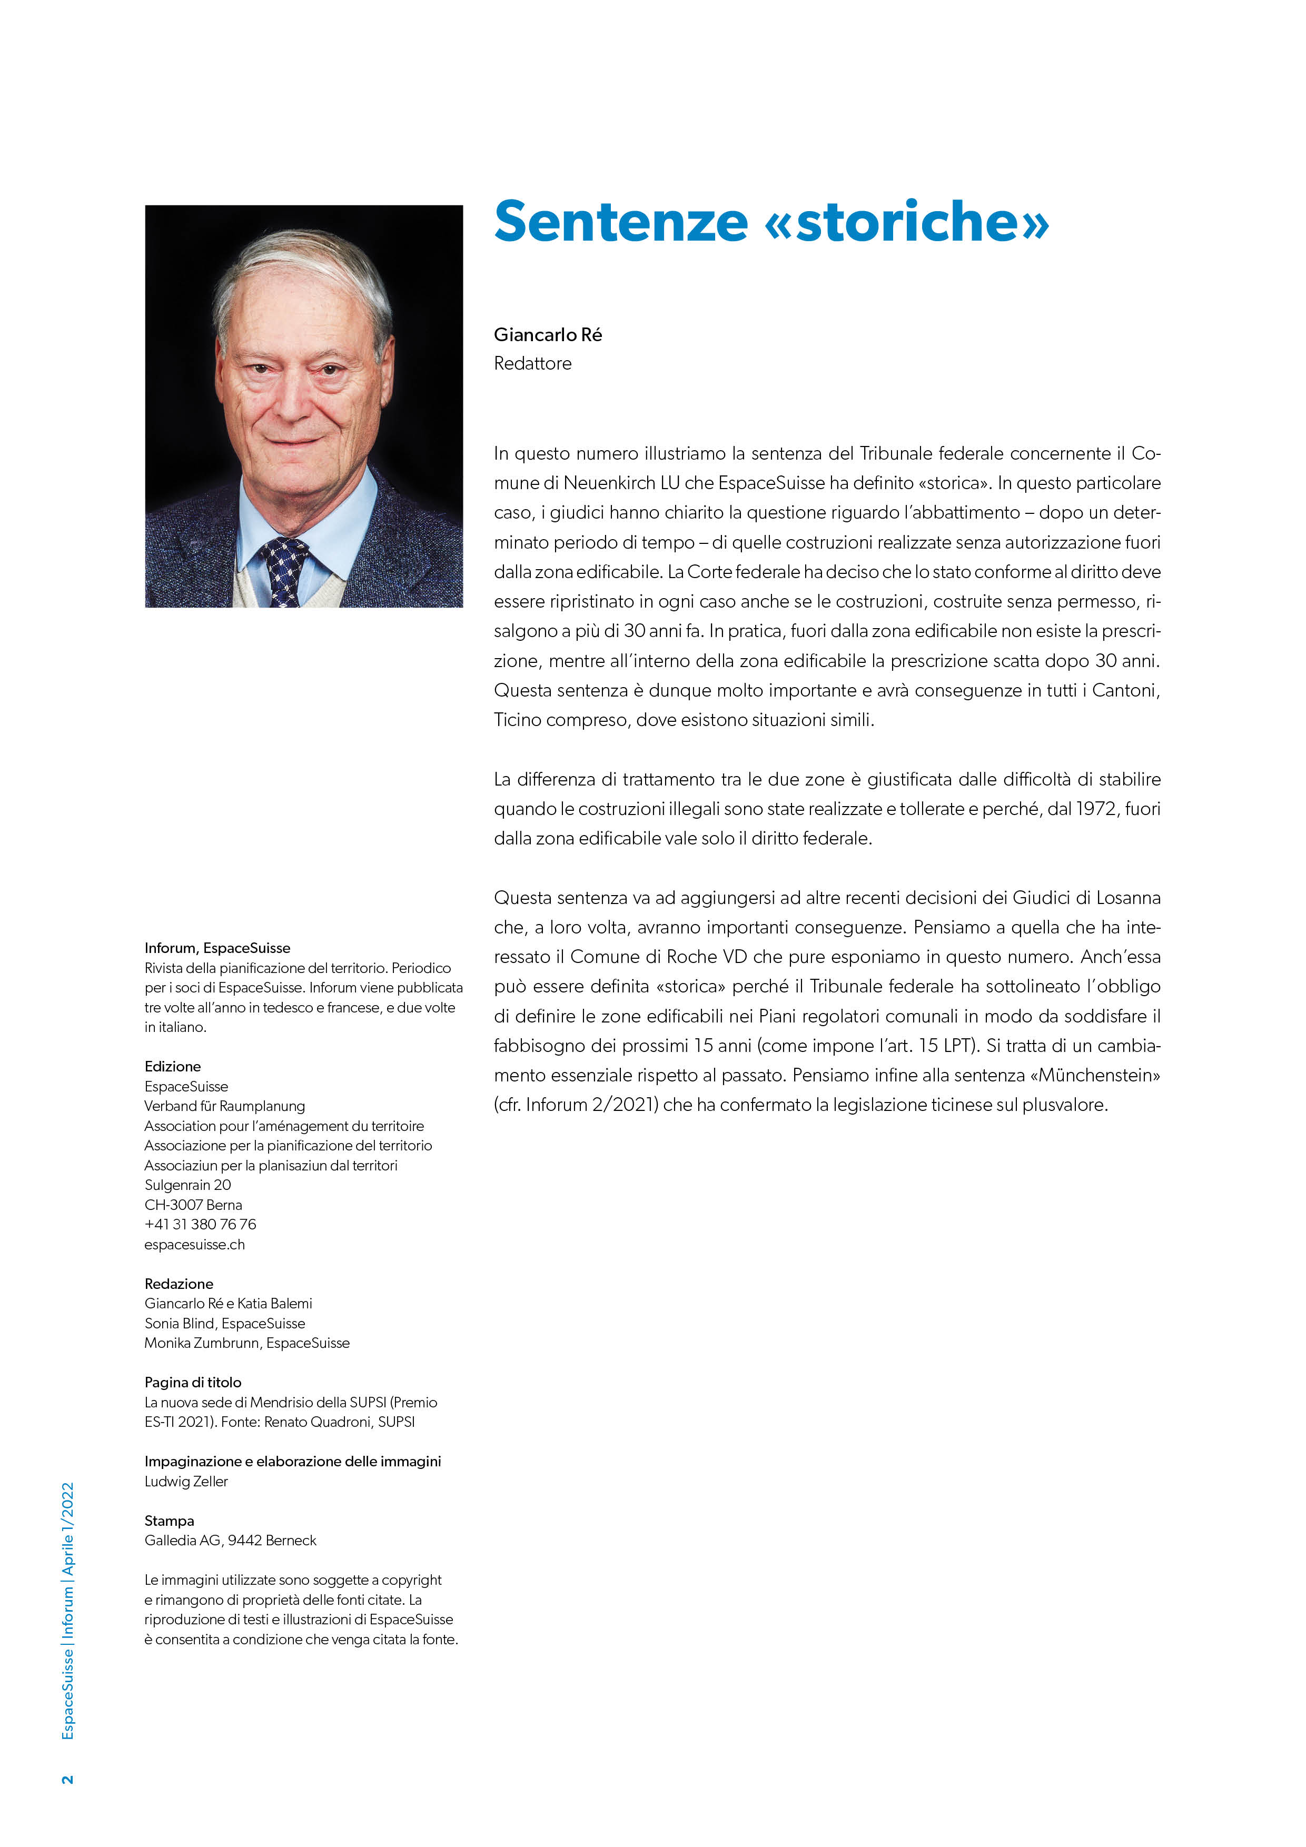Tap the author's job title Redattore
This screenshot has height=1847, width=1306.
pyautogui.click(x=533, y=364)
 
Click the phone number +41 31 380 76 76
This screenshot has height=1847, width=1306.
pyautogui.click(x=200, y=1224)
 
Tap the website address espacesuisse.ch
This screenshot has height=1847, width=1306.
pyautogui.click(x=195, y=1245)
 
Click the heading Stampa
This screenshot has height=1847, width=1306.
pyautogui.click(x=170, y=1521)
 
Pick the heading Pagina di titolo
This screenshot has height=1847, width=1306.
pyautogui.click(x=193, y=1382)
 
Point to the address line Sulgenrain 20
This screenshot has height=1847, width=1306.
pyautogui.click(x=187, y=1185)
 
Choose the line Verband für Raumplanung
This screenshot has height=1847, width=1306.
pyautogui.click(x=224, y=1106)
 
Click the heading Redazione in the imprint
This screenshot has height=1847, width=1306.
pyautogui.click(x=179, y=1284)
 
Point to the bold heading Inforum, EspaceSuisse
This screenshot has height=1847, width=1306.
pyautogui.click(x=217, y=948)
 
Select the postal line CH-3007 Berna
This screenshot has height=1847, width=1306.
pyautogui.click(x=193, y=1205)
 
